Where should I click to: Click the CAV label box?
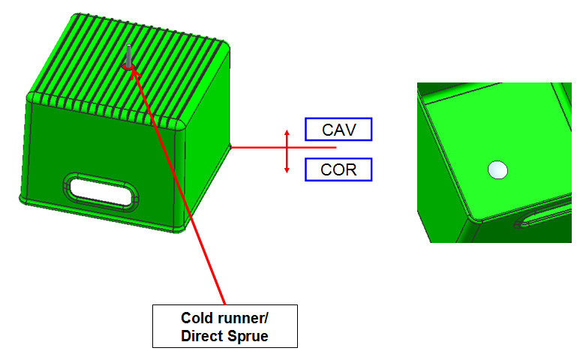tap(338, 129)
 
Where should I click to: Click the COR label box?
tap(338, 169)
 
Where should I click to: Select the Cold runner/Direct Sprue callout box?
tap(225, 325)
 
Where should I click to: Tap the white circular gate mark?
tap(497, 170)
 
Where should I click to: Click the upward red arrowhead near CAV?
tap(287, 133)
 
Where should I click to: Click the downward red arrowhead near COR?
tap(287, 169)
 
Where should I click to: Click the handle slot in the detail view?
tap(540, 217)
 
